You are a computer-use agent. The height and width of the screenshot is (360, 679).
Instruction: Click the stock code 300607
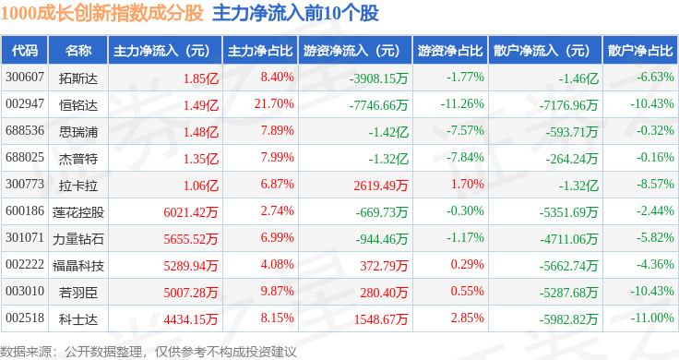point(25,78)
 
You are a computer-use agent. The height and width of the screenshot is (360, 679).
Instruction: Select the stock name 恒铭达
point(78,105)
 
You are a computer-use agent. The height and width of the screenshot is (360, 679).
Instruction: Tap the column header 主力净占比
point(260,51)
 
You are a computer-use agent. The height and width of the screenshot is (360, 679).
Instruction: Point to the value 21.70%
point(274,104)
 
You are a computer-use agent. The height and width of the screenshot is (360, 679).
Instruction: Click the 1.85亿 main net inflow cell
point(201,78)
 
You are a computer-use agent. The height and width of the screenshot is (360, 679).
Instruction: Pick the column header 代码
point(25,51)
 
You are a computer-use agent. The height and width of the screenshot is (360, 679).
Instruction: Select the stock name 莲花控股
point(78,212)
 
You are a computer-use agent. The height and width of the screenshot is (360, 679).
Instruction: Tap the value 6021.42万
point(191,212)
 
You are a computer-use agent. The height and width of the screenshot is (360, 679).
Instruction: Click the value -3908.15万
point(379,78)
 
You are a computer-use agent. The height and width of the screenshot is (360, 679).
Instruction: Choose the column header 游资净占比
point(450,51)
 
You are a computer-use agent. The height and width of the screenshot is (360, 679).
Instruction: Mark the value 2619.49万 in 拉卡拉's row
point(381,186)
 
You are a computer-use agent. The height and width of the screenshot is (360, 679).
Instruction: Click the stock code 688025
point(25,157)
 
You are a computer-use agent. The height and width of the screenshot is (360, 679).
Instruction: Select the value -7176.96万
point(568,105)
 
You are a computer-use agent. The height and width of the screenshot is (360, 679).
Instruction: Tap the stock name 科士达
point(78,319)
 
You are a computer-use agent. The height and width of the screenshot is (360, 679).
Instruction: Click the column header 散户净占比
point(640,51)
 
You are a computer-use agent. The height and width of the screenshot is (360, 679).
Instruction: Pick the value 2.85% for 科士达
point(467,318)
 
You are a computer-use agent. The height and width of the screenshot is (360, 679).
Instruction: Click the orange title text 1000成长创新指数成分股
point(101,14)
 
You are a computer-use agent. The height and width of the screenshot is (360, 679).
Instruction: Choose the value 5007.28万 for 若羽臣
point(191,293)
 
